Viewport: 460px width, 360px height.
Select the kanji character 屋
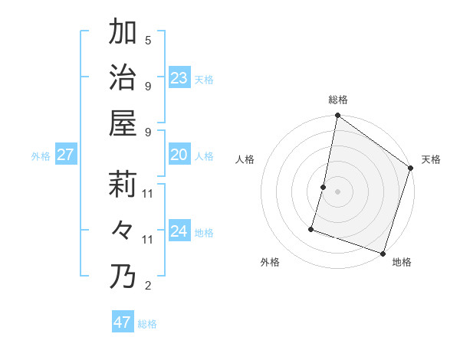[x=123, y=123]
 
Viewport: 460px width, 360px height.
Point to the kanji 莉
[x=123, y=184]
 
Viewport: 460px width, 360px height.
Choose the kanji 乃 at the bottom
[x=123, y=277]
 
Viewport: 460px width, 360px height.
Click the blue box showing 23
[x=179, y=77]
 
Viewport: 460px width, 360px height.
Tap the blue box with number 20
[x=179, y=155]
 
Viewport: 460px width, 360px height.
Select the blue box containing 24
[x=179, y=231]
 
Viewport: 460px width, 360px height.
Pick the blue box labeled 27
[x=65, y=155]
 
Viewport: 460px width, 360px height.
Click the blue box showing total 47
[x=122, y=322]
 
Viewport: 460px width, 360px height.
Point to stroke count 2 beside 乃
[x=148, y=286]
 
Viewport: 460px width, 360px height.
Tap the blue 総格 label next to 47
[x=147, y=324]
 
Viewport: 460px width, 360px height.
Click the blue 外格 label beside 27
[x=41, y=156]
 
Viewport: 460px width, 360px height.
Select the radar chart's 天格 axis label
[x=431, y=160]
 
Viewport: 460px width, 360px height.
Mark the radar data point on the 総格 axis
[x=337, y=116]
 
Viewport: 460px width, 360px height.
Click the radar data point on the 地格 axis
[x=383, y=253]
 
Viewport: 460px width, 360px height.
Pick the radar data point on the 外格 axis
[x=312, y=228]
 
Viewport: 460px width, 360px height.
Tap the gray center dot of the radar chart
[x=337, y=191]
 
